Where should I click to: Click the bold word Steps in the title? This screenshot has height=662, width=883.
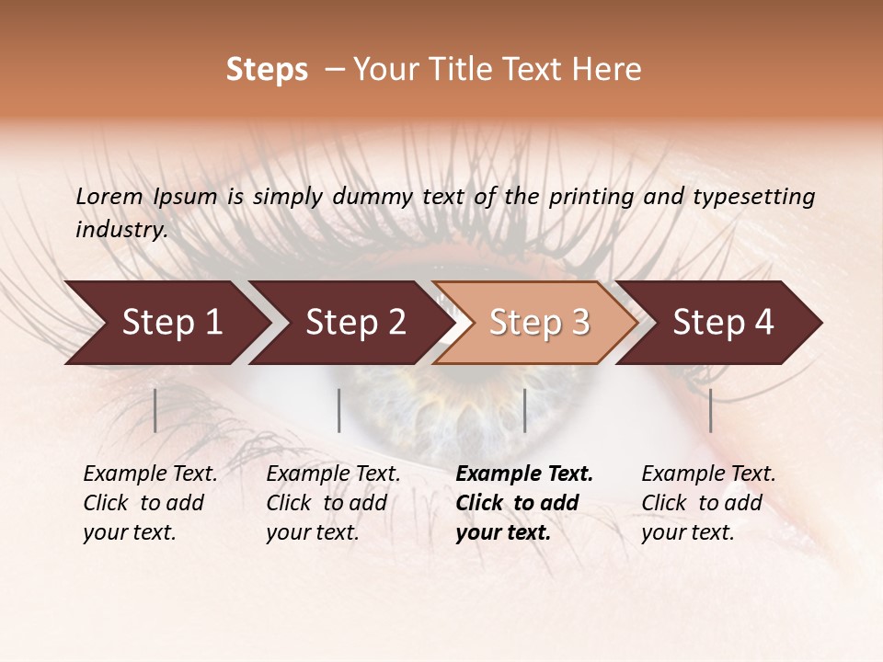267,70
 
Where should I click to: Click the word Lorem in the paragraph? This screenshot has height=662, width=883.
109,197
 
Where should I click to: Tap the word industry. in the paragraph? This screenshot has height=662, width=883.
121,230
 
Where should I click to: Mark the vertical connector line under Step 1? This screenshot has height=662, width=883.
155,410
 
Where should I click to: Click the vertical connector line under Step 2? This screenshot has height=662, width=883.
339,410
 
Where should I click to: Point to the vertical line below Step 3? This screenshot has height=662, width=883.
524,410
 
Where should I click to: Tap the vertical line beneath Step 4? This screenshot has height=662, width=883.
710,410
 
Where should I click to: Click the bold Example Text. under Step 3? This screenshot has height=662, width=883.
524,474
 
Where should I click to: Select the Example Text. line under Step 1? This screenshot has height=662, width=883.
150,474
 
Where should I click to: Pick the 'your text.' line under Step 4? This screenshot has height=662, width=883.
687,532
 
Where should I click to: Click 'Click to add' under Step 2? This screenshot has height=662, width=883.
327,503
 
